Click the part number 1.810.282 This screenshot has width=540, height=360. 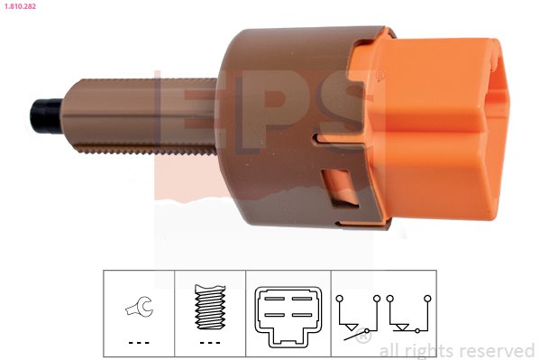pos(21,6)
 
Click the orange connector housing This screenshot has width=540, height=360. pos(431,127)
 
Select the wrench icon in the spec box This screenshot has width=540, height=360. pos(139,306)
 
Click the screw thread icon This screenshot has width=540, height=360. pos(210,307)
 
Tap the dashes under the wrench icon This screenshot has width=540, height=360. pos(139,343)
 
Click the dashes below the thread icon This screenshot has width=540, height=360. pos(210,343)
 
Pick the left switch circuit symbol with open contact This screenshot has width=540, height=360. pos(358,318)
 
